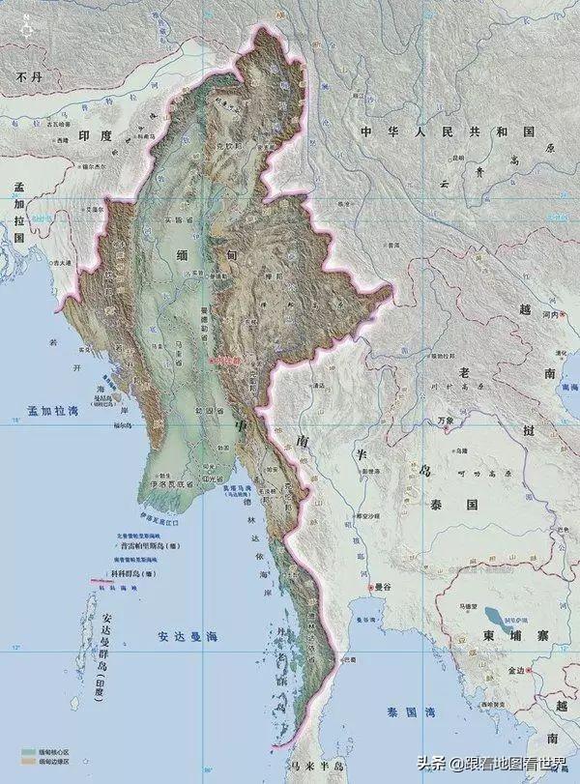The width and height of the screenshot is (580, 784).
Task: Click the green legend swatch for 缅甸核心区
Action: [24, 750]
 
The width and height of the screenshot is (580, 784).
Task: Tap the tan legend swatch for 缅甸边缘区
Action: [24, 762]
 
